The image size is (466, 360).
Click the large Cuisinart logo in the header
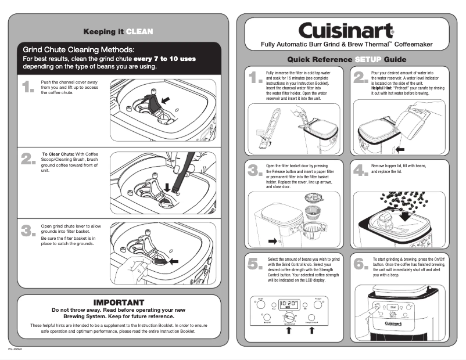tap(346, 30)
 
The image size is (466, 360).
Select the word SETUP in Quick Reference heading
tap(367, 60)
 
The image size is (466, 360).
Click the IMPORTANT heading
tap(119, 303)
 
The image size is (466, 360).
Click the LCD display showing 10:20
tap(288, 304)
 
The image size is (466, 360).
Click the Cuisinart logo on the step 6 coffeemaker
tap(393, 323)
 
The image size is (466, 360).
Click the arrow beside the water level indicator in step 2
tap(400, 149)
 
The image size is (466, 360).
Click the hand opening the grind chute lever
tap(138, 267)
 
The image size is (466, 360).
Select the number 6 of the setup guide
tap(360, 264)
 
